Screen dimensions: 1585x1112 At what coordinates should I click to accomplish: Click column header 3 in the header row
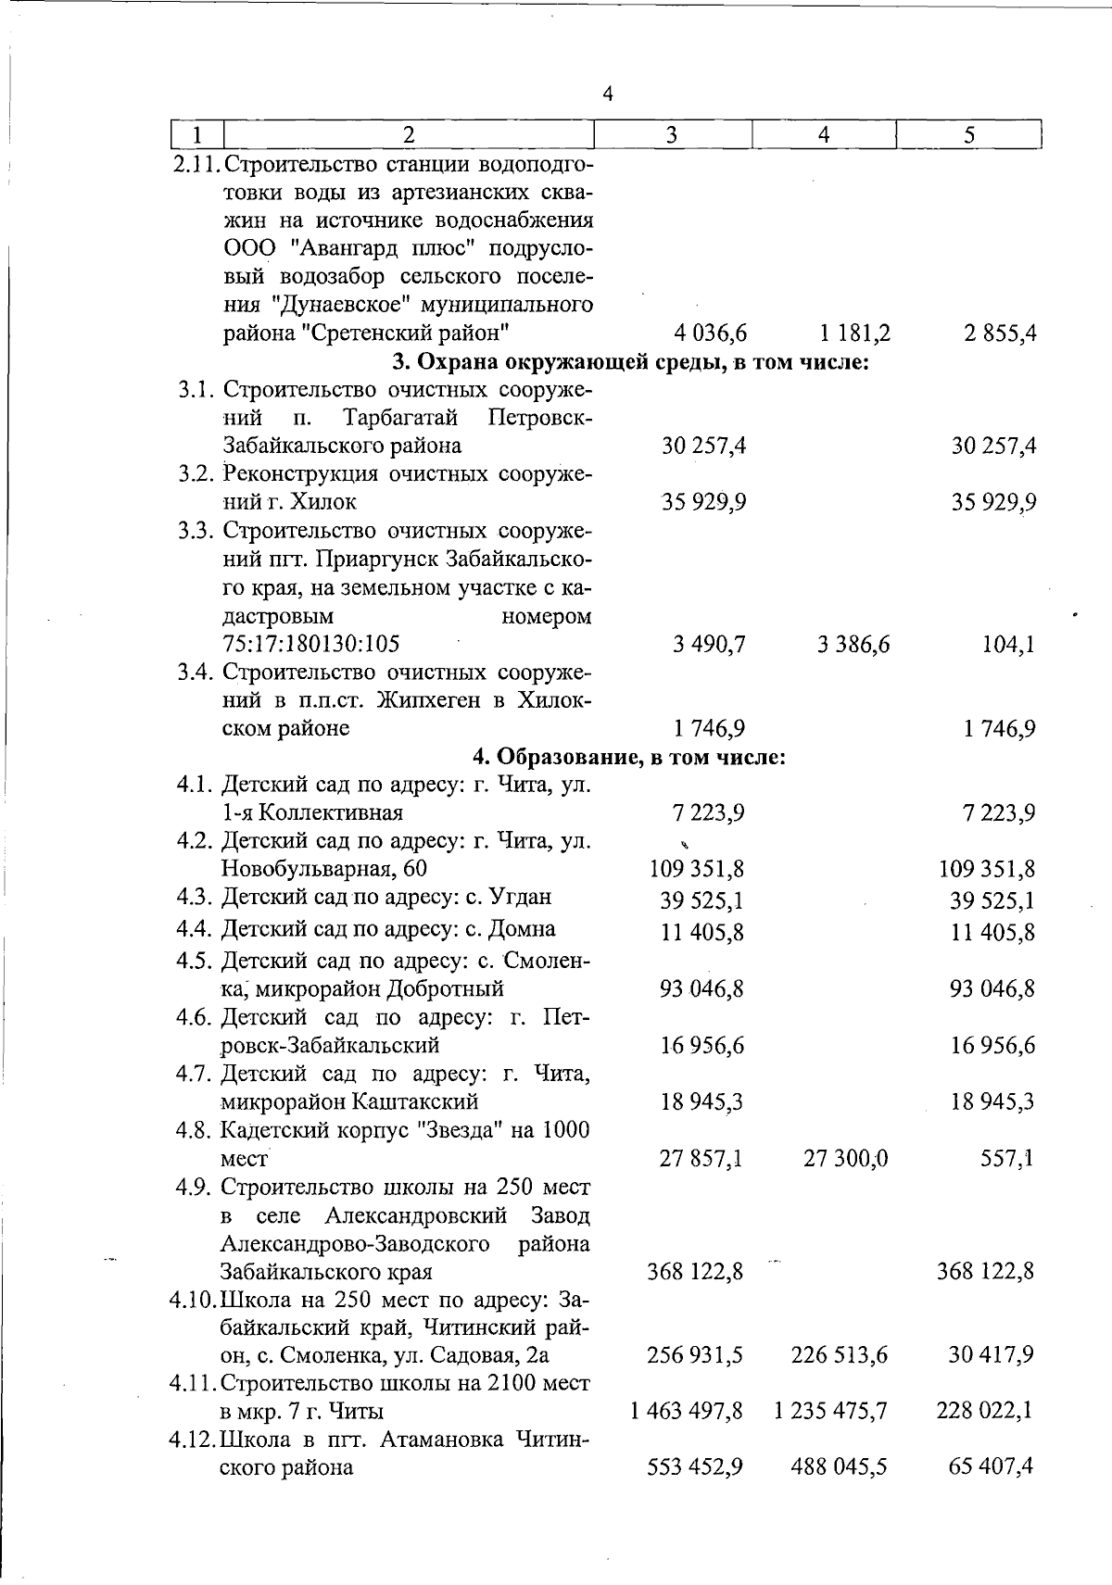click(672, 135)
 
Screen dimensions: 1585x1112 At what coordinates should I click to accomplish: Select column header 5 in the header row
click(968, 135)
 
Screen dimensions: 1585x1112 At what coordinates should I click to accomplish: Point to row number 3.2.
click(196, 474)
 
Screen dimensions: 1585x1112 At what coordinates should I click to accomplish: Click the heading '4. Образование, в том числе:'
click(629, 757)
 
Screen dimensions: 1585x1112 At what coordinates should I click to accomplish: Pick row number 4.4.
click(196, 928)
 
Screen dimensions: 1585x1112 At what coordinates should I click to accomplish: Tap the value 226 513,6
click(839, 1355)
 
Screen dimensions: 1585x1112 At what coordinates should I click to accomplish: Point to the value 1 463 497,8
click(686, 1411)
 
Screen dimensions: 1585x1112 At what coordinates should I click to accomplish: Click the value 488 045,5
click(839, 1467)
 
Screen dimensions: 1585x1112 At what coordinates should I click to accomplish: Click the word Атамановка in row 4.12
click(437, 1440)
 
